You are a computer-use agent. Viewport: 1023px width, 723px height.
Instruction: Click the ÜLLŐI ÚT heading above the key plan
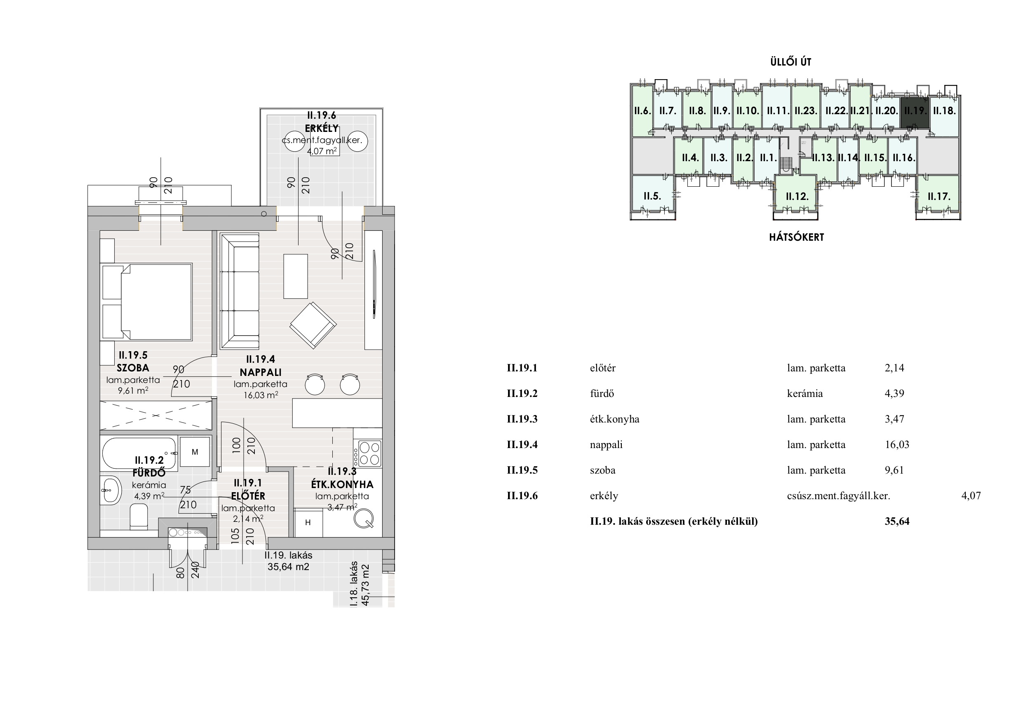pyautogui.click(x=791, y=62)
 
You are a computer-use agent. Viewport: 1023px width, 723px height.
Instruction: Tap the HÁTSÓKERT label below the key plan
pyautogui.click(x=797, y=237)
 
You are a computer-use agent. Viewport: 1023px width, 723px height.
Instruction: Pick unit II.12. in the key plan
pyautogui.click(x=797, y=197)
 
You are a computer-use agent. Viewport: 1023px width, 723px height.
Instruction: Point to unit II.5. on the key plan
pyautogui.click(x=652, y=196)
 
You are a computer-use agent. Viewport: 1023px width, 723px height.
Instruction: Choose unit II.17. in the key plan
pyautogui.click(x=939, y=197)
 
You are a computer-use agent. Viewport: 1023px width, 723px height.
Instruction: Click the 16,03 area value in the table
pyautogui.click(x=897, y=445)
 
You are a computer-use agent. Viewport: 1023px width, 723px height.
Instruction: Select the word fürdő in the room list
pyautogui.click(x=602, y=393)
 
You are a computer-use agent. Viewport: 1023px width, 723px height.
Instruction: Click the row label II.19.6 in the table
pyautogui.click(x=522, y=496)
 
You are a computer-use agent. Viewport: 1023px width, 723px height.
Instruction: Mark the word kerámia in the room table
pyautogui.click(x=805, y=393)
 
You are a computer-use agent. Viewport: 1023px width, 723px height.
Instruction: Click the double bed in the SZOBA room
pyautogui.click(x=148, y=302)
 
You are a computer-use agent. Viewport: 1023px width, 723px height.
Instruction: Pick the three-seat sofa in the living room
pyautogui.click(x=240, y=291)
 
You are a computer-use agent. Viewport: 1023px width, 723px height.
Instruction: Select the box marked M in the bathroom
pyautogui.click(x=195, y=452)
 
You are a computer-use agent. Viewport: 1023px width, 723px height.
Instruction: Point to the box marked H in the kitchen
pyautogui.click(x=308, y=523)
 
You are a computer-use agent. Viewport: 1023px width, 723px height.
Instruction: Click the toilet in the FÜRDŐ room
pyautogui.click(x=139, y=517)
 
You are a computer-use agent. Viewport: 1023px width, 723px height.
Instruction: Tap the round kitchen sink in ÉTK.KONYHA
pyautogui.click(x=364, y=518)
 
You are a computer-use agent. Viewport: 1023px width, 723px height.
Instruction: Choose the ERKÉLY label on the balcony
pyautogui.click(x=322, y=128)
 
